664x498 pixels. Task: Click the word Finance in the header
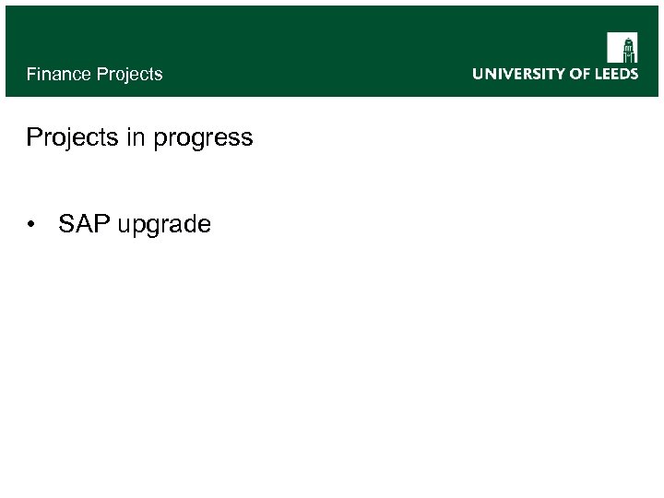click(56, 74)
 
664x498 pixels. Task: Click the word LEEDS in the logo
click(617, 74)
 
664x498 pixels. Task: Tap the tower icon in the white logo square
click(622, 48)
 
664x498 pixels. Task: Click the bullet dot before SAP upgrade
click(33, 225)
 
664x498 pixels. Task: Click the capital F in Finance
click(31, 74)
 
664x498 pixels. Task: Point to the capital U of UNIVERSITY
click(479, 74)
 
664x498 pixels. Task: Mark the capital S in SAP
click(65, 224)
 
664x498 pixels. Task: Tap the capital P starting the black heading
click(34, 138)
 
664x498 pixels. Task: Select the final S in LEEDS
click(633, 74)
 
